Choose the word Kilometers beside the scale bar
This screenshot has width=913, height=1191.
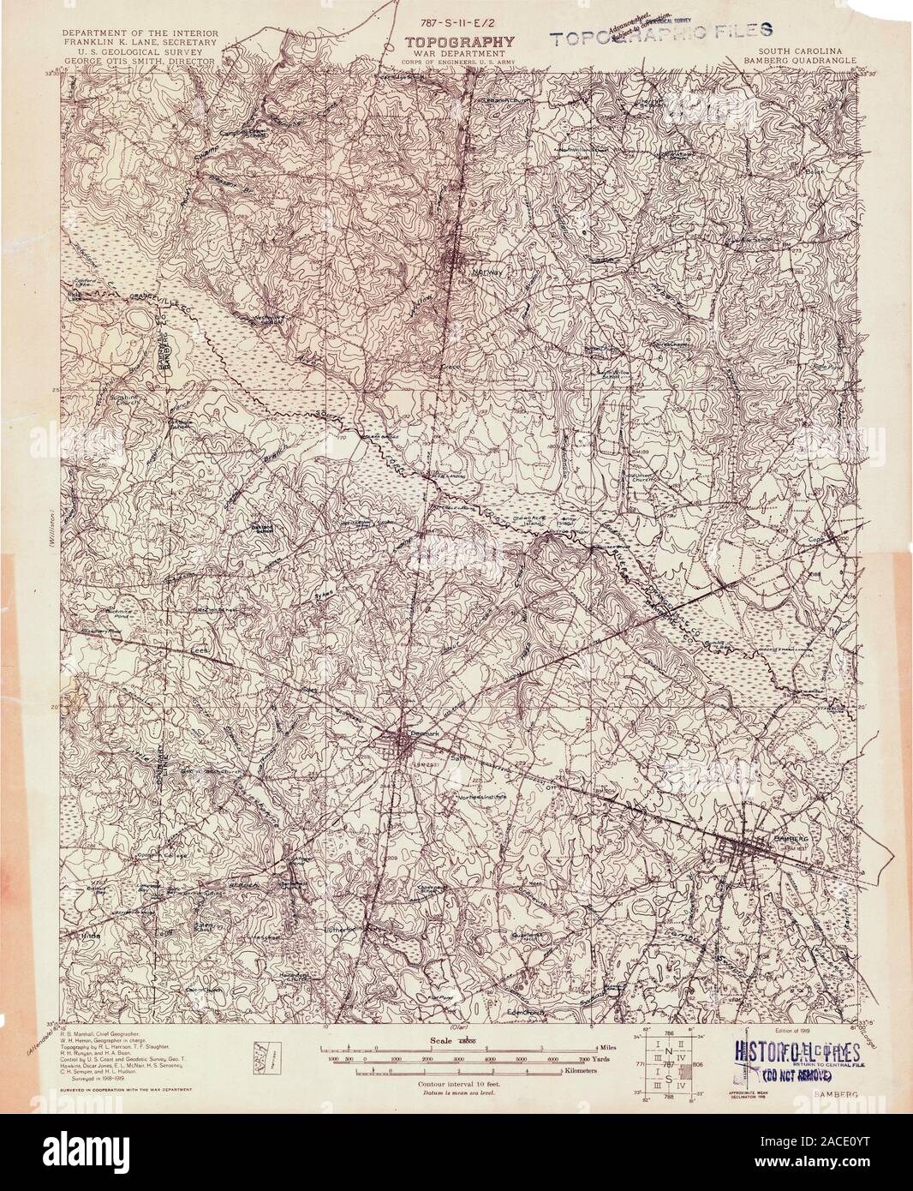[x=610, y=1072]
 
